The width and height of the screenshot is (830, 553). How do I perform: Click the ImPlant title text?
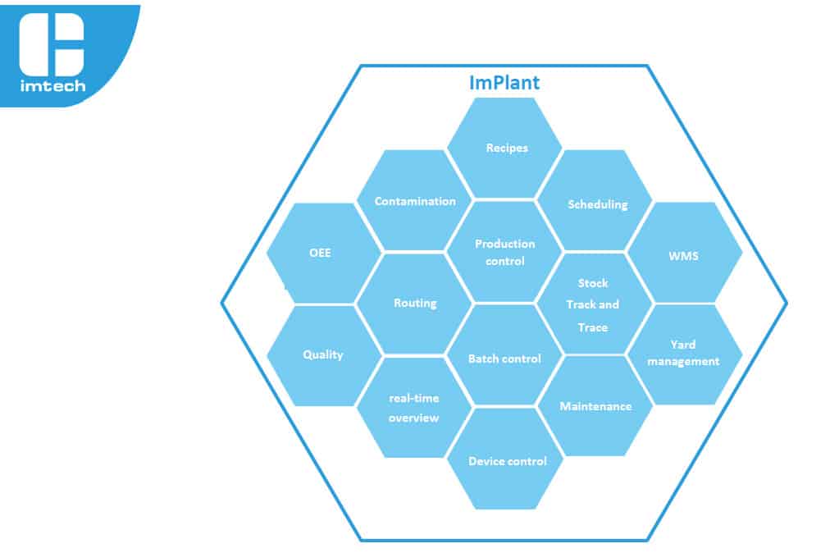[x=504, y=83]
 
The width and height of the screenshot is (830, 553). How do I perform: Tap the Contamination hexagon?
[x=414, y=200]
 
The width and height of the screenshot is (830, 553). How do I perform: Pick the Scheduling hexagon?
[x=595, y=200]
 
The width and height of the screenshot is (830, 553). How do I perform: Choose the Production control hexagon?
[x=504, y=252]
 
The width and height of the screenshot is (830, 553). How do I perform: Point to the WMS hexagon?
[x=685, y=253]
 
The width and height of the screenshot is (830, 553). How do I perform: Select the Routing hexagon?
[x=414, y=304]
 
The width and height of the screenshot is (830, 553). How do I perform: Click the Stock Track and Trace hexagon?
[x=595, y=304]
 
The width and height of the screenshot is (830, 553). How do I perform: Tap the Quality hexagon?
[x=324, y=356]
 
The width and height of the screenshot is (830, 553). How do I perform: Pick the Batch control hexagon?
[x=504, y=355]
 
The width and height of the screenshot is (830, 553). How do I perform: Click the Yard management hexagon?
[x=685, y=354]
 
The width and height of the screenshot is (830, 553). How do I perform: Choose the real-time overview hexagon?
[x=414, y=407]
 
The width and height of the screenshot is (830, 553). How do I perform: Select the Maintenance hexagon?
[x=595, y=406]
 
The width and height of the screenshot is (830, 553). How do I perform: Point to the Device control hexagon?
[x=504, y=459]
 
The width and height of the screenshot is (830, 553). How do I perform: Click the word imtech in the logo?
[x=52, y=86]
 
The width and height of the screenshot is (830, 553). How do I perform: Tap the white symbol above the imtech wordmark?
[x=52, y=44]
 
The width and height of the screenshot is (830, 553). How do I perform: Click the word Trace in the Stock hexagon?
[x=593, y=327]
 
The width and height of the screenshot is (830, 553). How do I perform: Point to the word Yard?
[x=683, y=345]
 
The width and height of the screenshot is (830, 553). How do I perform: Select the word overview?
[x=413, y=418]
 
